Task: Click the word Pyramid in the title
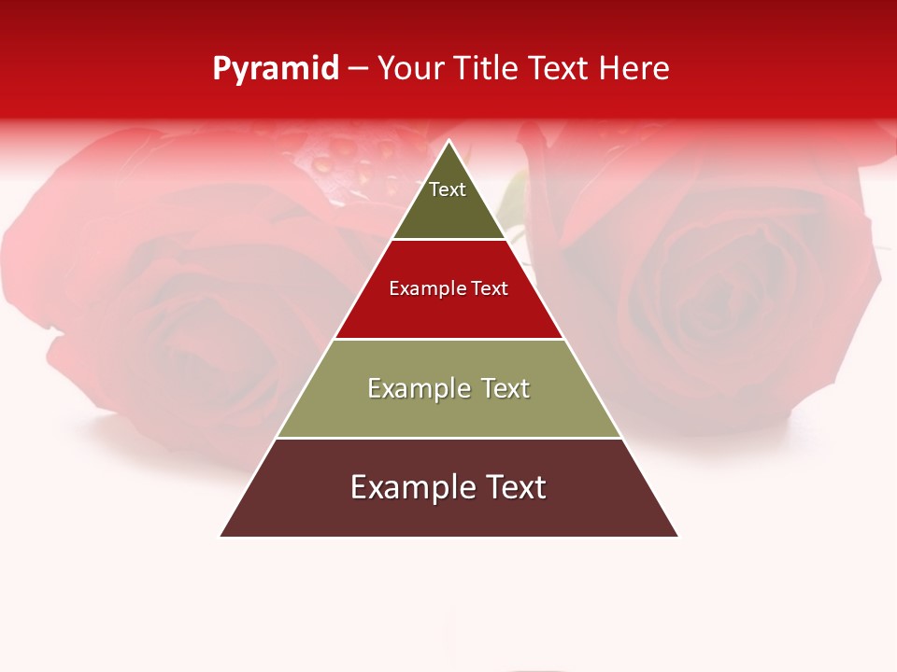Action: (x=276, y=69)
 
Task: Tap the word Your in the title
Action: (x=409, y=69)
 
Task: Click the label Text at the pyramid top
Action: (x=448, y=189)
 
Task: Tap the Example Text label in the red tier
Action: (x=448, y=288)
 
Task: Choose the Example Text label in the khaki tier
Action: (x=448, y=388)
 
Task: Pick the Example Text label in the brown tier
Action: (x=448, y=487)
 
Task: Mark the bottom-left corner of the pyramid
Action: (x=221, y=536)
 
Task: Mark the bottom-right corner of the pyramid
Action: (x=677, y=536)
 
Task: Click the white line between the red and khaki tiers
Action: (x=448, y=339)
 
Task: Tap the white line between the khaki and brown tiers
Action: (x=448, y=438)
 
